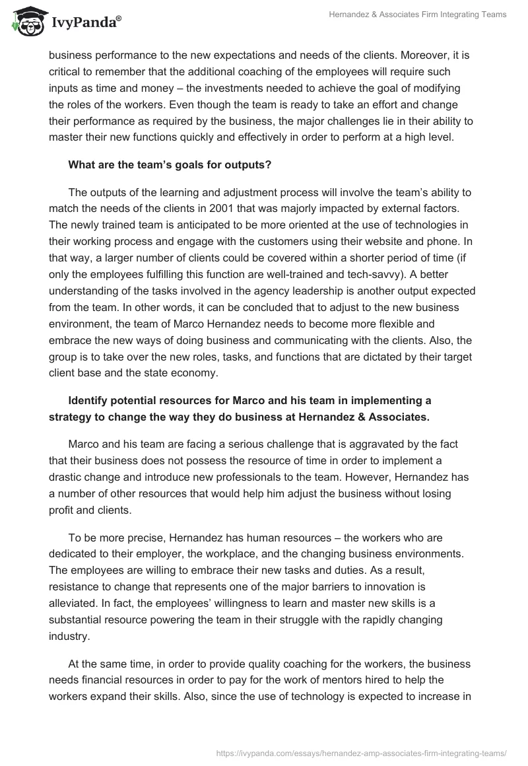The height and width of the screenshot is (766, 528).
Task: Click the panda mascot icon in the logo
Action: click(x=26, y=22)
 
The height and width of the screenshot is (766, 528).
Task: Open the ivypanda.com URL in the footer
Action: click(x=361, y=752)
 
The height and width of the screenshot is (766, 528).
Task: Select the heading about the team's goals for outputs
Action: click(x=170, y=165)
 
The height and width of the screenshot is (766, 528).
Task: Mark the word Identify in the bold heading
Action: click(x=89, y=400)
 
